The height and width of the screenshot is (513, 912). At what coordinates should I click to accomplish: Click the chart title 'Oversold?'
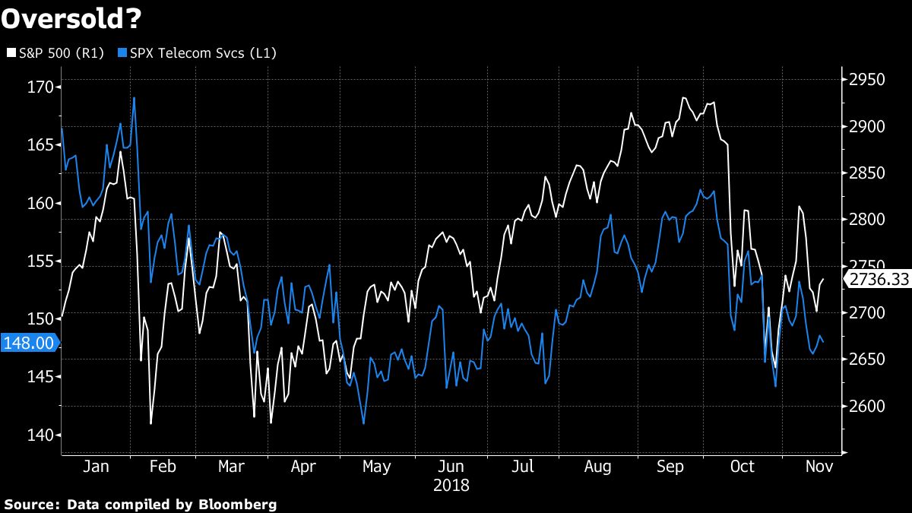71,19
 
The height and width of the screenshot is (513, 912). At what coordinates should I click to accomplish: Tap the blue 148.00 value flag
29,343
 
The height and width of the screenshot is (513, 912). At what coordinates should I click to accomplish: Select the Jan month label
95,467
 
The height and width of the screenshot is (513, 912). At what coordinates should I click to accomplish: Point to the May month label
377,467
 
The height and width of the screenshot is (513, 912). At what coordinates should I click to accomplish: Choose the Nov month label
818,467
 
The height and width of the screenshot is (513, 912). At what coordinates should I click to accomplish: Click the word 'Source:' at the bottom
32,504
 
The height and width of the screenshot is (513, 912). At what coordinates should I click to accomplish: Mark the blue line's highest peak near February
134,98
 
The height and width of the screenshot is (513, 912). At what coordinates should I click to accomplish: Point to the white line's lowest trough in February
151,423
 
